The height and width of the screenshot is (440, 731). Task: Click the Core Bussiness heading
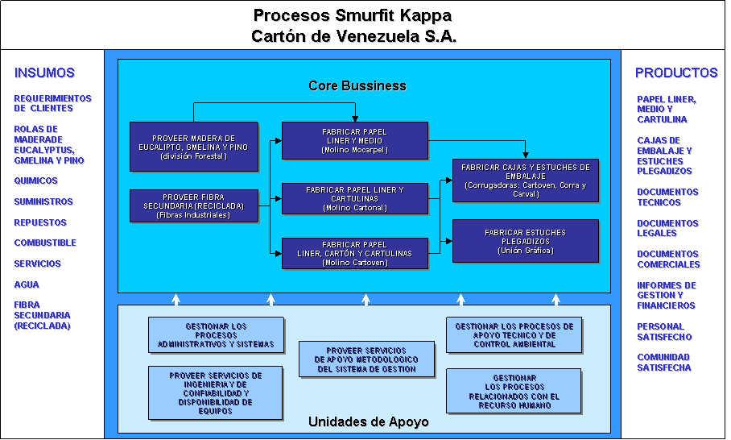click(x=357, y=85)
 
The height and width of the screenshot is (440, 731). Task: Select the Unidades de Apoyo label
click(x=368, y=421)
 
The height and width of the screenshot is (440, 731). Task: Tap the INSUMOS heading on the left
click(x=45, y=73)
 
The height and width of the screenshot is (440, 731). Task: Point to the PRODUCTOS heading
click(x=676, y=73)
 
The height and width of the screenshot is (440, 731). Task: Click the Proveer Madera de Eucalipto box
click(x=193, y=147)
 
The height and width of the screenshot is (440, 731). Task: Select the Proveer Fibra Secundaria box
click(x=193, y=206)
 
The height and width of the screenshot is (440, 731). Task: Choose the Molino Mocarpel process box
click(x=354, y=141)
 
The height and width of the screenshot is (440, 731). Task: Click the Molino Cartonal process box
click(x=354, y=198)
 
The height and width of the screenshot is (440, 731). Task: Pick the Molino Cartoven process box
click(x=354, y=253)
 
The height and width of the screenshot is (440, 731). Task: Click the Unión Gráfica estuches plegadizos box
click(x=526, y=241)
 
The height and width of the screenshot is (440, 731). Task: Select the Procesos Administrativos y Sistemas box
click(x=217, y=334)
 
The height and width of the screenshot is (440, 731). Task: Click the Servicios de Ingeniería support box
click(x=216, y=392)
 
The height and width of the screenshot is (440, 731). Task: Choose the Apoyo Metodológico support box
click(x=366, y=359)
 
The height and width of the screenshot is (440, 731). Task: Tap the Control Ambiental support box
click(x=514, y=334)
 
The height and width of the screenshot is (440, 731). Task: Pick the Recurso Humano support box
click(x=514, y=391)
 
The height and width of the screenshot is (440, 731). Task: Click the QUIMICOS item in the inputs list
click(x=36, y=181)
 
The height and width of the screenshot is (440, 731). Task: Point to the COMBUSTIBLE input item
click(x=46, y=243)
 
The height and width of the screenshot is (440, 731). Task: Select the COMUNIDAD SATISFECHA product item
click(x=664, y=363)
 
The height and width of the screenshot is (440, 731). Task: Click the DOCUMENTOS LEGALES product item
click(x=668, y=229)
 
